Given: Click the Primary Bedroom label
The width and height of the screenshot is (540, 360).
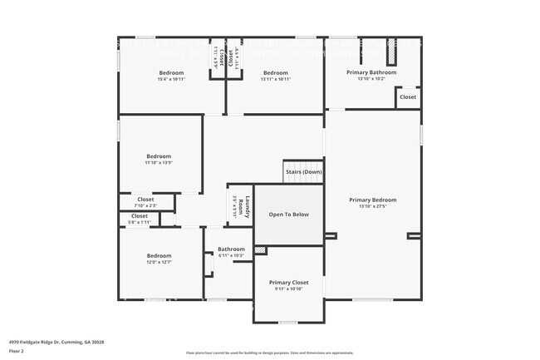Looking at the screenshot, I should [x=372, y=200].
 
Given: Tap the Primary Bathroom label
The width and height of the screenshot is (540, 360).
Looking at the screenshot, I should [x=371, y=72].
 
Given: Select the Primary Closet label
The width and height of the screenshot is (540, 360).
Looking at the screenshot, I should [x=288, y=283].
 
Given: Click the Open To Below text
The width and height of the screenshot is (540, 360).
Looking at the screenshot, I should [x=288, y=215].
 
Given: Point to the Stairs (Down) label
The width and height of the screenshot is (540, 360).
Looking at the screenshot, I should [x=304, y=173].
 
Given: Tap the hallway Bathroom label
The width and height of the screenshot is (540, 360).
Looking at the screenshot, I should [x=231, y=249].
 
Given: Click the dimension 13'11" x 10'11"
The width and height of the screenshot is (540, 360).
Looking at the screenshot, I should [x=275, y=79].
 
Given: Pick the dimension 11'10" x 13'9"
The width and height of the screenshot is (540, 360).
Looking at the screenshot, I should [x=159, y=163].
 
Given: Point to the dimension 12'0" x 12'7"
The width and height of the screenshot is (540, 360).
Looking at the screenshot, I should [x=159, y=263].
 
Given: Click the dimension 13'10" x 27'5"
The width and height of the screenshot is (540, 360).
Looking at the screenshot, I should [x=372, y=206].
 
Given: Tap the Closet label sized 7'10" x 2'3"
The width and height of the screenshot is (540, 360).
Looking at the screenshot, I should [x=145, y=200].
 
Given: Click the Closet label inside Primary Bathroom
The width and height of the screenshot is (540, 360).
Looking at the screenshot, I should [x=408, y=97].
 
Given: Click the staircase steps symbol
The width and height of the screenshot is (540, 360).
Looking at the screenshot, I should [x=303, y=165].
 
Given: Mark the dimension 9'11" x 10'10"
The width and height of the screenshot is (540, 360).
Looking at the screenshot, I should [x=288, y=289].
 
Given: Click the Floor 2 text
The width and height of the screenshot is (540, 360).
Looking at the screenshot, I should [x=16, y=352].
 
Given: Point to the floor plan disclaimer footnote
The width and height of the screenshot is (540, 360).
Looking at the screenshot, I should [x=269, y=353].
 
